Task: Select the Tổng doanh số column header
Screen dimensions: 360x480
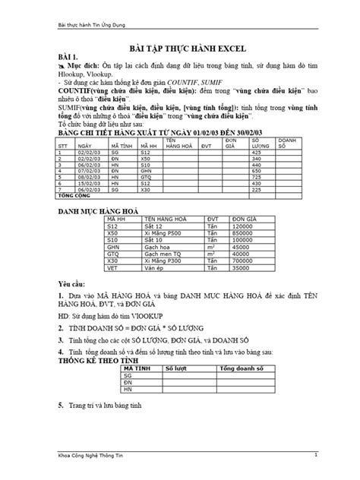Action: point(241,367)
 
